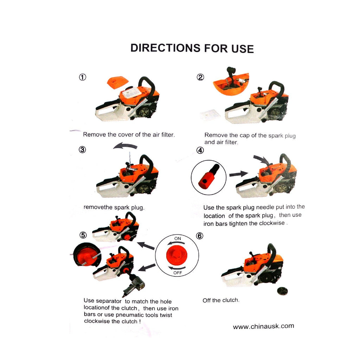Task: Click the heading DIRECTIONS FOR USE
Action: click(192, 48)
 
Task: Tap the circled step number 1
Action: click(83, 77)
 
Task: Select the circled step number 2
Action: click(200, 77)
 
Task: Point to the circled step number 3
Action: click(82, 150)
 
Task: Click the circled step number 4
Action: click(200, 150)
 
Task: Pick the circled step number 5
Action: click(83, 235)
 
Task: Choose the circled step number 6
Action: click(200, 236)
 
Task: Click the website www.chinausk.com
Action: click(263, 326)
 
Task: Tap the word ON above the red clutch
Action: click(178, 239)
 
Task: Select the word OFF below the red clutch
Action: click(178, 273)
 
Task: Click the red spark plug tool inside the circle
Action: click(209, 176)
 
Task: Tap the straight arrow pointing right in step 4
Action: click(239, 174)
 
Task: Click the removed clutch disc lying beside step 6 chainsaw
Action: click(282, 291)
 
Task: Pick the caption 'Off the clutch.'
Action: click(221, 300)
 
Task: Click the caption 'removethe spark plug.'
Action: click(114, 207)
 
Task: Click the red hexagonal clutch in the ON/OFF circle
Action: click(177, 255)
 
